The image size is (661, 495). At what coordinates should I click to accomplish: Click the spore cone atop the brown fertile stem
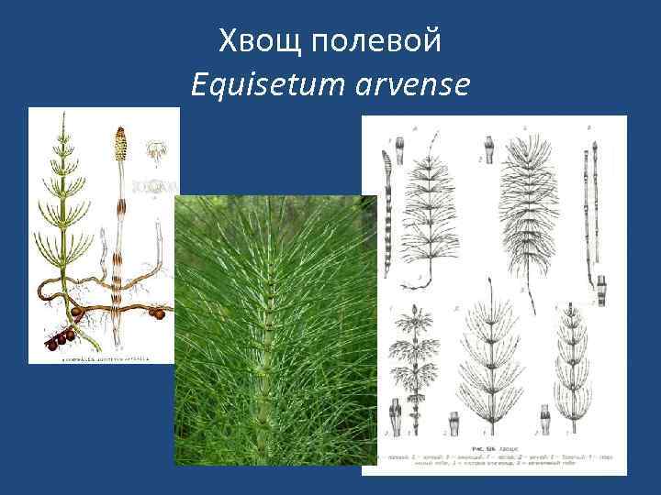click(118, 143)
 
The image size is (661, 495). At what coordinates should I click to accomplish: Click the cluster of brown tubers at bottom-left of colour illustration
click(60, 338)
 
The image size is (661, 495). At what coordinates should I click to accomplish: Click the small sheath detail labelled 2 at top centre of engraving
click(488, 149)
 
